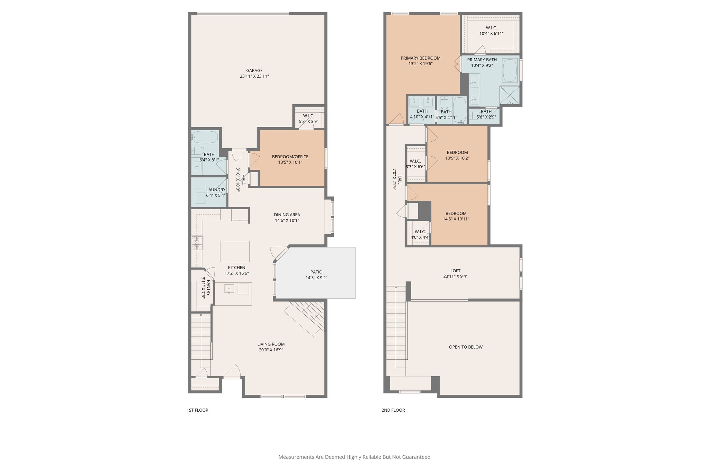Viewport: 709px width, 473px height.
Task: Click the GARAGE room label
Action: [254, 70]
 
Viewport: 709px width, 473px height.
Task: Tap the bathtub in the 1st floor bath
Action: [205, 137]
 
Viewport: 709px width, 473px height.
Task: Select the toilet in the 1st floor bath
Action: [198, 150]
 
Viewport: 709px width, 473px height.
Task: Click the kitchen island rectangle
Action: [235, 251]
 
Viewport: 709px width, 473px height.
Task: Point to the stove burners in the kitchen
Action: [197, 242]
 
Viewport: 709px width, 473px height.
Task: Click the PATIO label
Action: [316, 272]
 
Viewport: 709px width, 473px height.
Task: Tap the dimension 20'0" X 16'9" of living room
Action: [271, 350]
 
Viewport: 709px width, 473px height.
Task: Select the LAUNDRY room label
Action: [216, 190]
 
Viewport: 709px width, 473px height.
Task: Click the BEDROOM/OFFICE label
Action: [290, 157]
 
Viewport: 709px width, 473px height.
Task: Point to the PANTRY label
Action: [209, 287]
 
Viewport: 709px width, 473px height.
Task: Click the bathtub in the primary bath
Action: [510, 70]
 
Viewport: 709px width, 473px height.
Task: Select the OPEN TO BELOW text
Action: [466, 347]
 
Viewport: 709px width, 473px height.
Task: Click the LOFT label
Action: [455, 271]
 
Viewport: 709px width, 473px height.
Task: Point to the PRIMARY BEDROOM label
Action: [420, 58]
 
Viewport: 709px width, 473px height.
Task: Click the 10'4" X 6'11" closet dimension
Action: [491, 34]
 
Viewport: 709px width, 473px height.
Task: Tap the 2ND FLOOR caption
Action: [393, 410]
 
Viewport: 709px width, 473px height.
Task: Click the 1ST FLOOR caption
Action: [197, 410]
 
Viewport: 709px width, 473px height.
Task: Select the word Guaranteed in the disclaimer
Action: [416, 457]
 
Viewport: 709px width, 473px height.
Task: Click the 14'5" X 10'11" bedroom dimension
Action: [456, 219]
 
